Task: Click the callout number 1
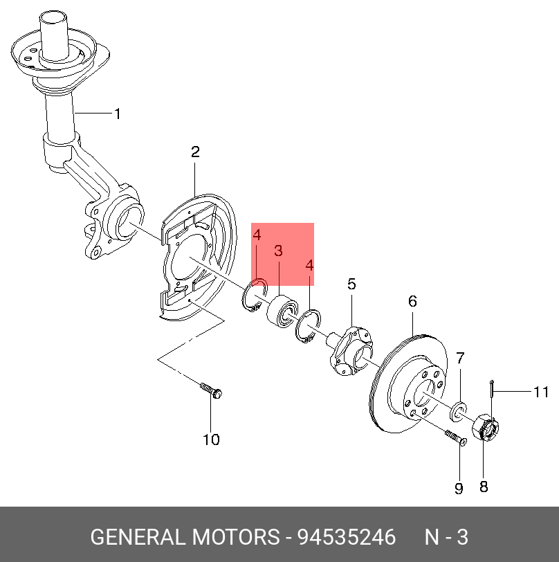[117, 114]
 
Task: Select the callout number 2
[195, 152]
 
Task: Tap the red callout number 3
[278, 251]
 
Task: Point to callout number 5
[351, 284]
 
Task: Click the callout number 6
[412, 301]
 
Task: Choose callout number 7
[460, 358]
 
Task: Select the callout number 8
[484, 487]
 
